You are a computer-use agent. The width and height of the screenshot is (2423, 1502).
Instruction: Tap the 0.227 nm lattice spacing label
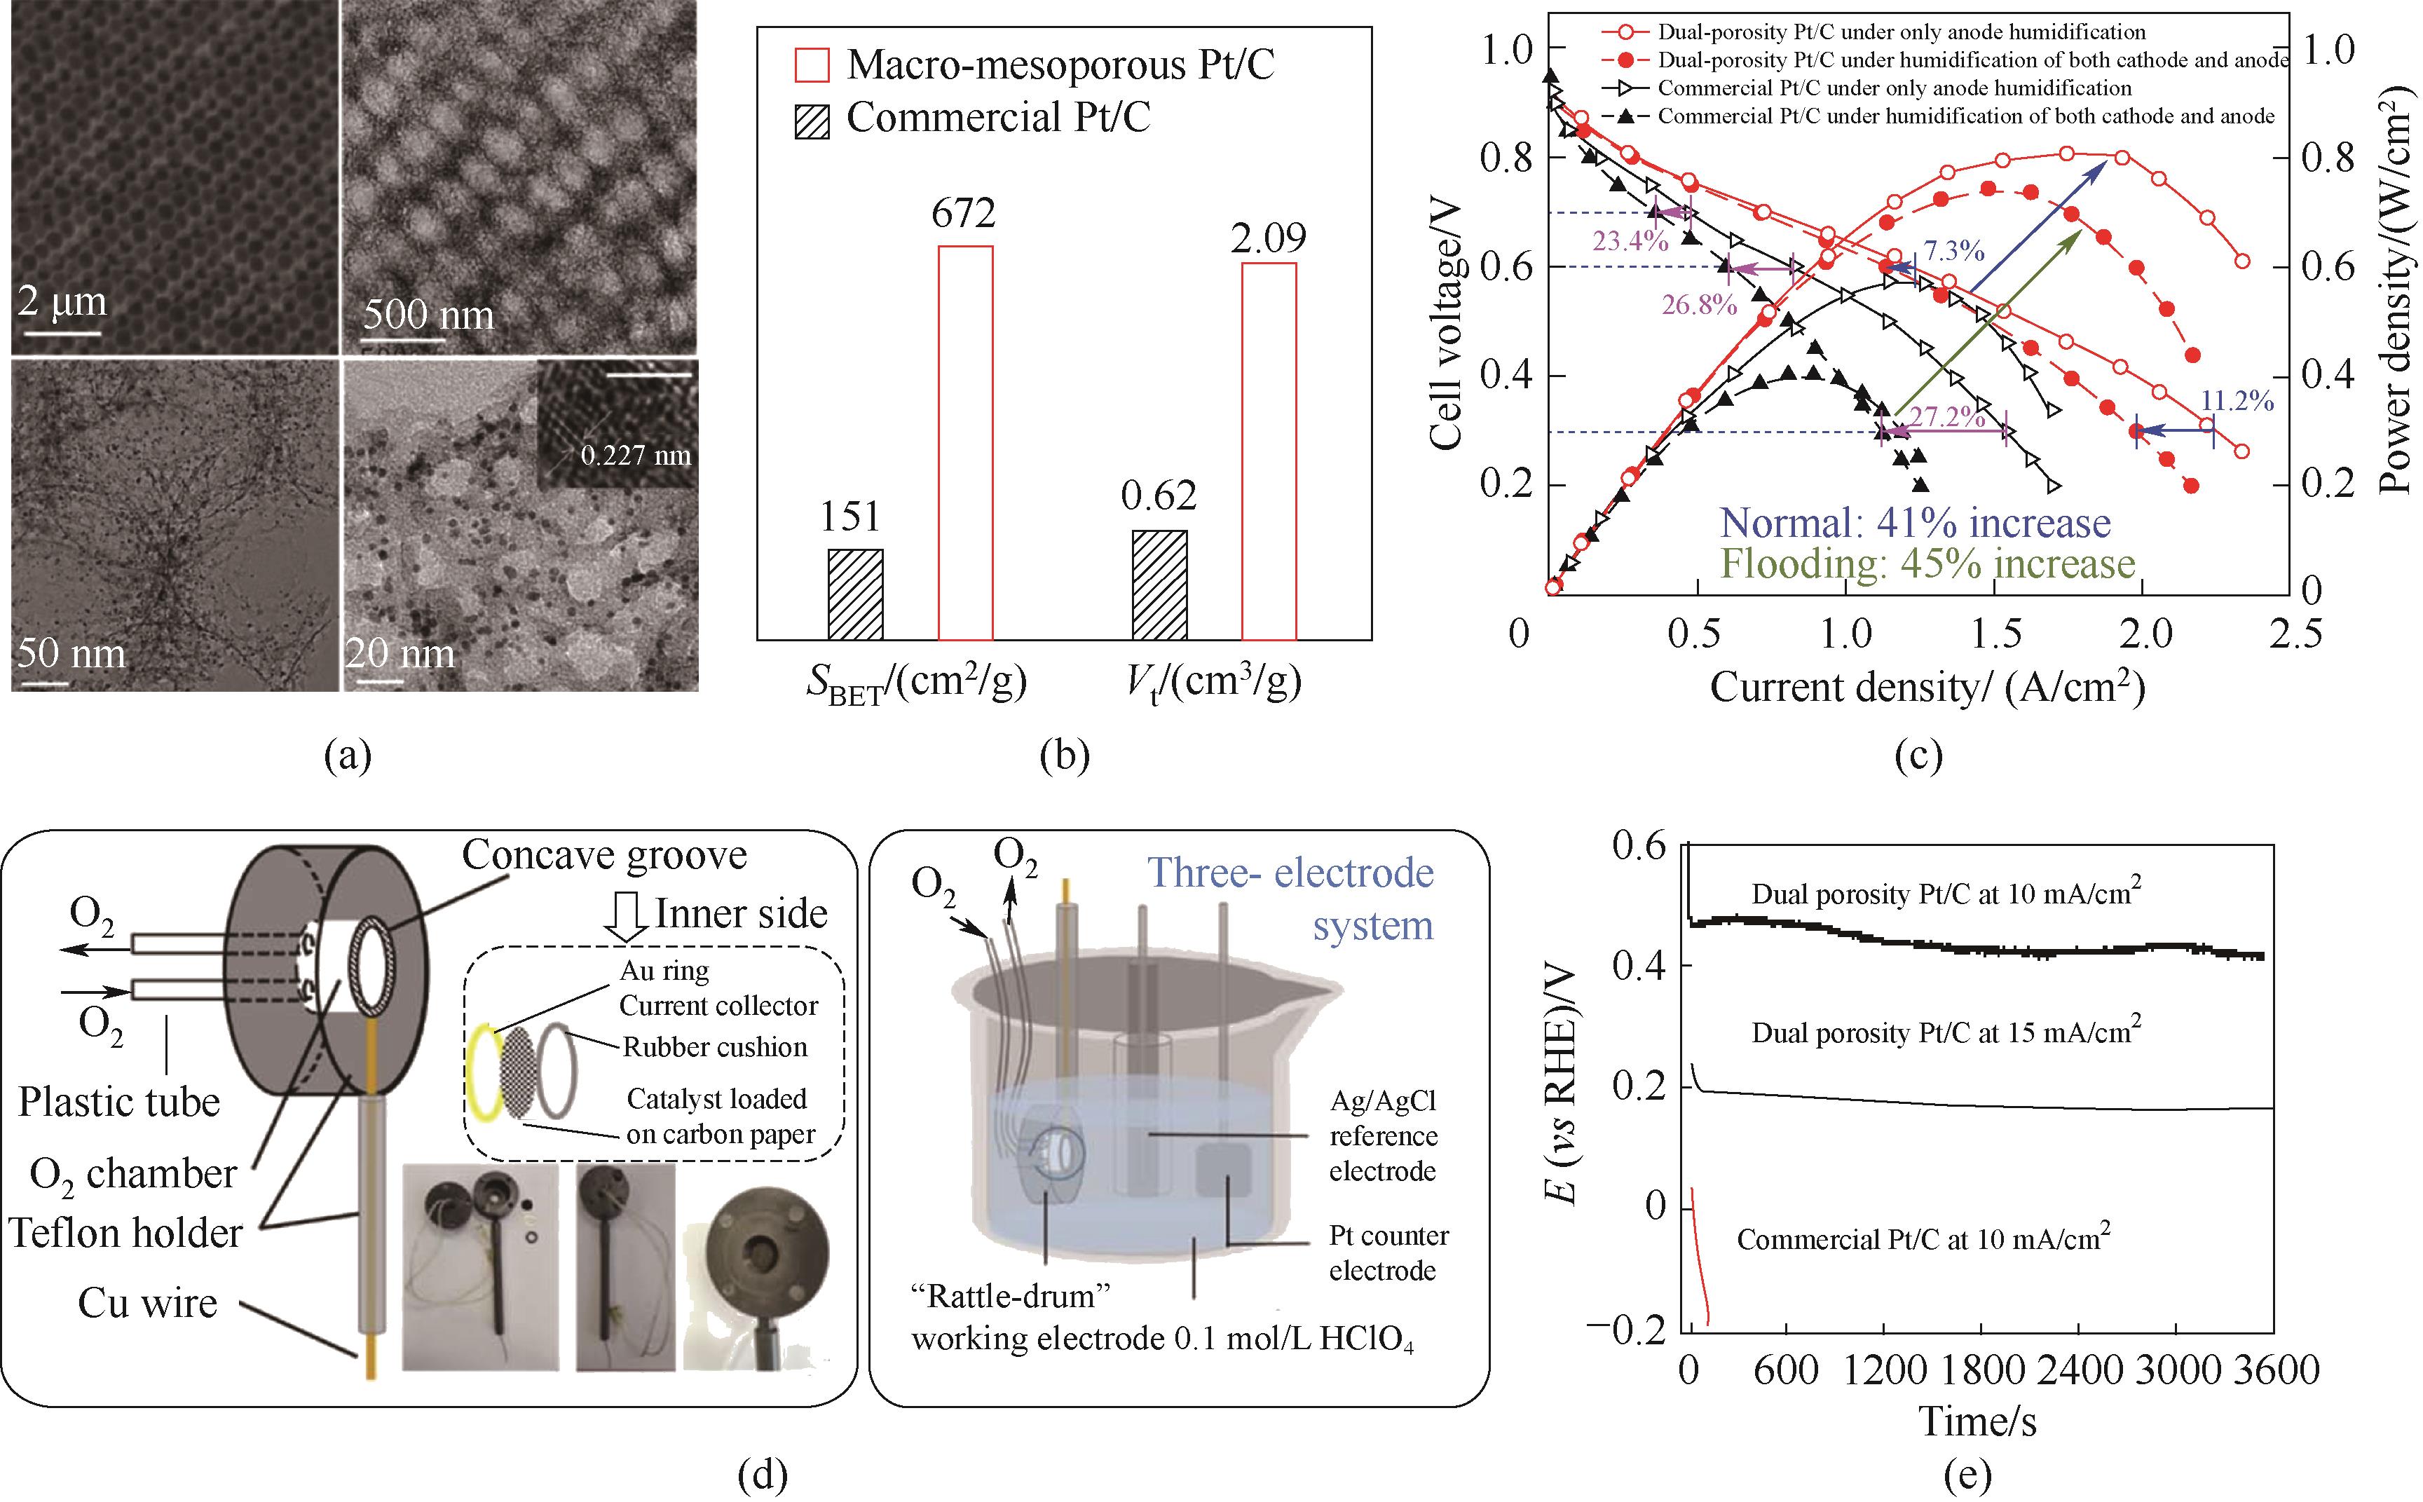click(x=635, y=456)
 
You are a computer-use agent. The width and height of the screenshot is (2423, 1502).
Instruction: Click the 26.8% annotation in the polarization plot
click(x=1699, y=304)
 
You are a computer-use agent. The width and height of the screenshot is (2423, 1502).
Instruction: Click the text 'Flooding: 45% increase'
click(x=1927, y=564)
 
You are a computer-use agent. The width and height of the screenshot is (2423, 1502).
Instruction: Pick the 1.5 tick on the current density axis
click(x=1995, y=633)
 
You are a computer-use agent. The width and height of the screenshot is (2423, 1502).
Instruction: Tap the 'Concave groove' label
click(x=604, y=855)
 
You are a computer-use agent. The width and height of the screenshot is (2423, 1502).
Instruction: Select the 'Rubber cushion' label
click(x=714, y=1047)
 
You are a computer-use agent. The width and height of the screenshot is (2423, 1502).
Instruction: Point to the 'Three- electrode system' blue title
click(x=1292, y=899)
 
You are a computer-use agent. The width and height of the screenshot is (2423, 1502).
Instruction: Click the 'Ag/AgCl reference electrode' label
click(x=1382, y=1135)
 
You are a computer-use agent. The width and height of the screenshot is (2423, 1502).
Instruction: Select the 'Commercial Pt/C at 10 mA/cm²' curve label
click(x=1923, y=1238)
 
